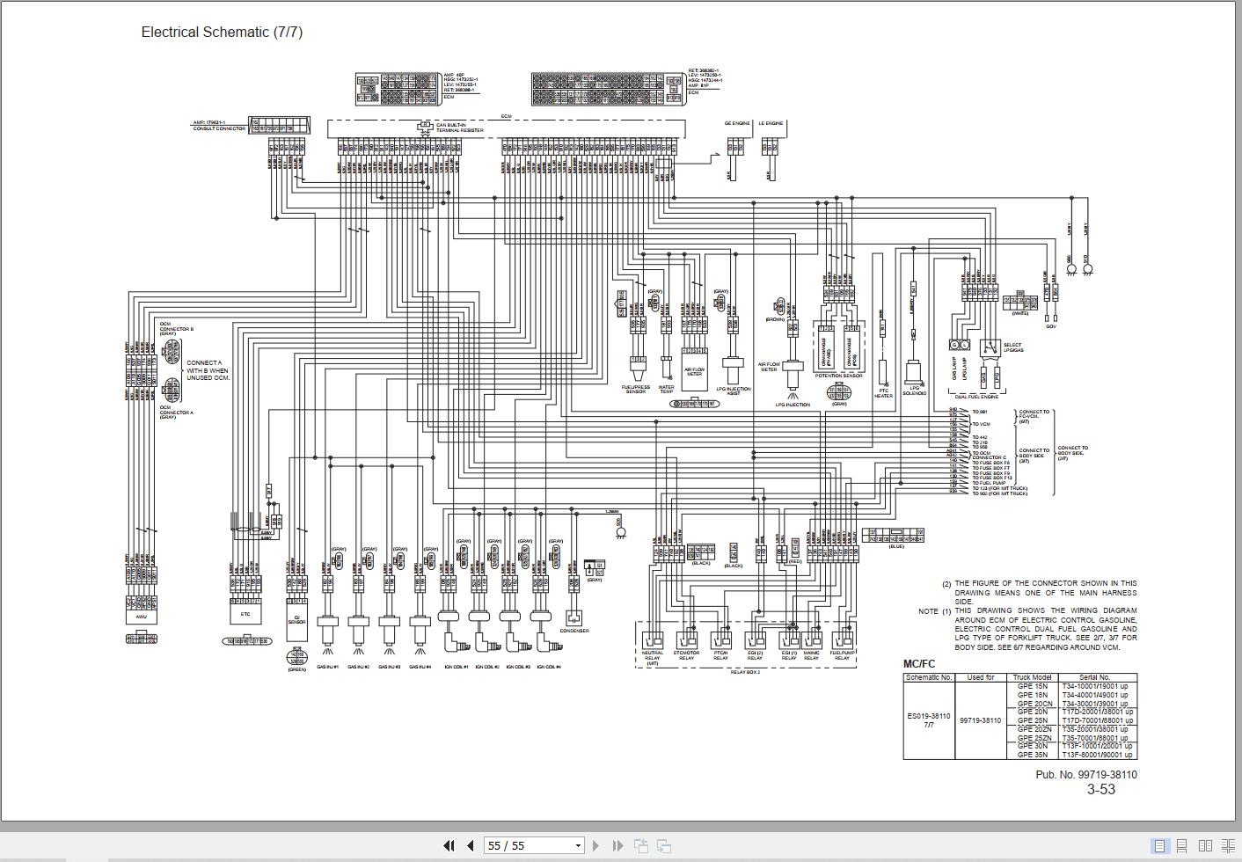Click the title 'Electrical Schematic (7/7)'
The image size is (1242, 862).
(x=222, y=32)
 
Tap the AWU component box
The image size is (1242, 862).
(x=141, y=616)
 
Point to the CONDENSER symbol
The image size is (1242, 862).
(x=574, y=618)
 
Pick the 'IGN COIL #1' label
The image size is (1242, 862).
(x=454, y=667)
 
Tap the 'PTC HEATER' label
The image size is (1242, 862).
(x=883, y=393)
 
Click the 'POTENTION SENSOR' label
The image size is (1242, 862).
(x=839, y=376)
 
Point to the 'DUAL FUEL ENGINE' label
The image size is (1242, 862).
(x=975, y=397)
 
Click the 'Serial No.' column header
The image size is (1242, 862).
(x=1092, y=677)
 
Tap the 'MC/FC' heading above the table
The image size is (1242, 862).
(x=919, y=664)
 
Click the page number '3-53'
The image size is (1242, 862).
(x=1100, y=789)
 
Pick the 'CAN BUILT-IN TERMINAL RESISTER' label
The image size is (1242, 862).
(x=460, y=128)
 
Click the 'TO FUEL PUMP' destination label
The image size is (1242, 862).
(x=989, y=483)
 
